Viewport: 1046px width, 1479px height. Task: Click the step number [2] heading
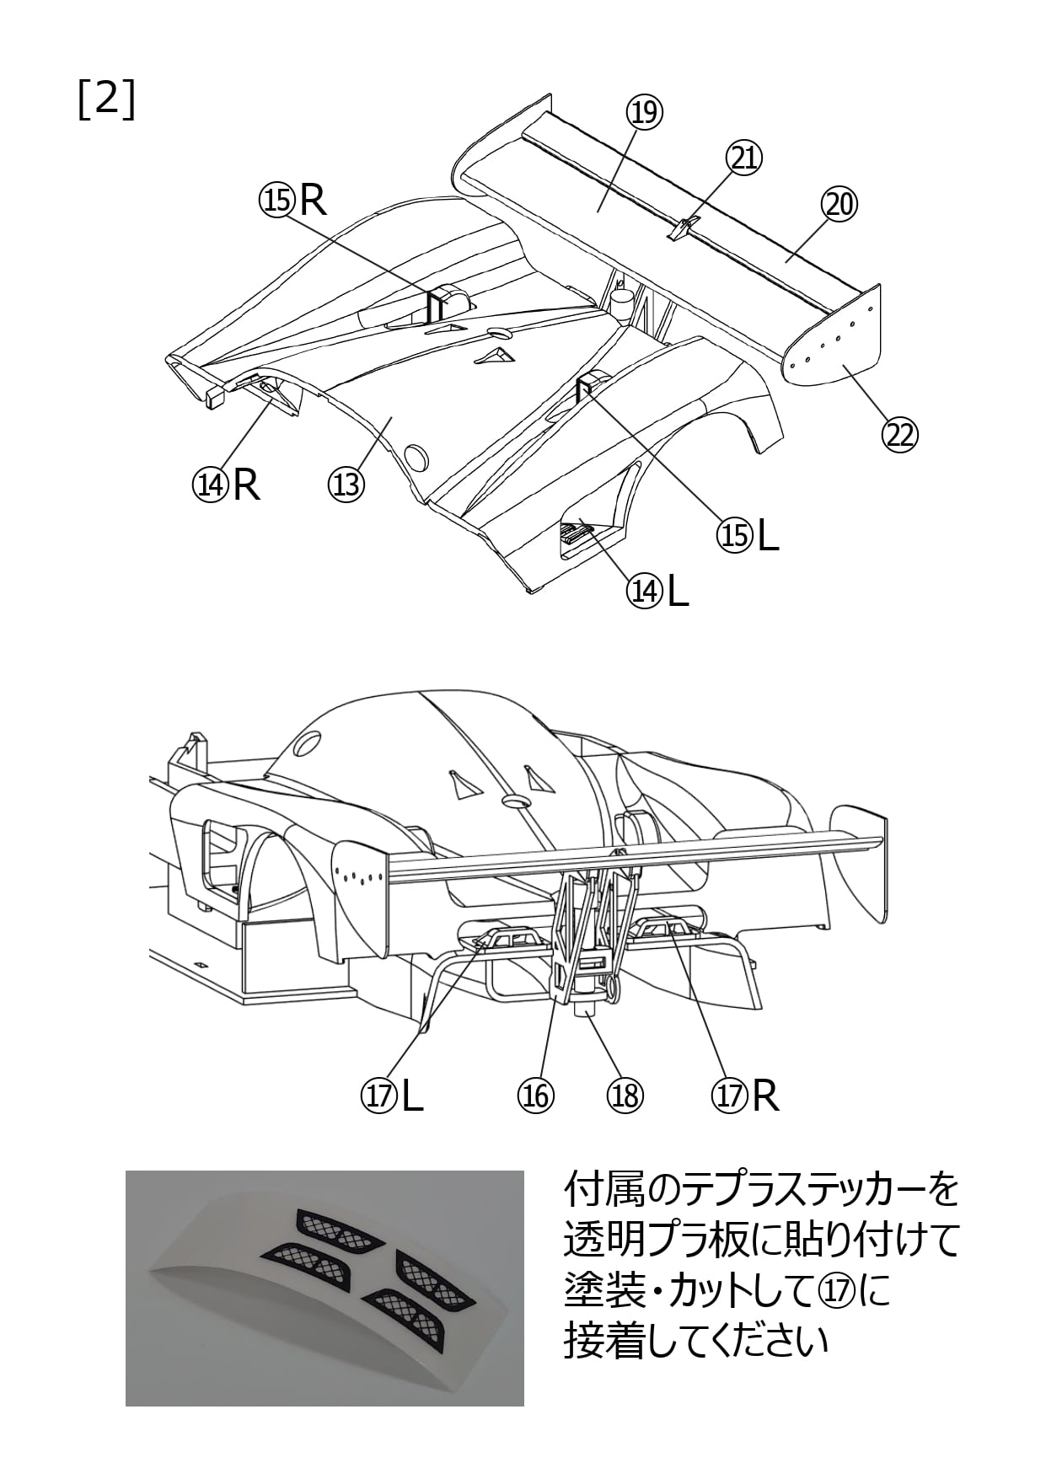(x=106, y=100)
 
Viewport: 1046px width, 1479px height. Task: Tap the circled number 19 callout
(x=645, y=112)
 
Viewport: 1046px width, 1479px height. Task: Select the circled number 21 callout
(x=744, y=158)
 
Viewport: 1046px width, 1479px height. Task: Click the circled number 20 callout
(x=839, y=204)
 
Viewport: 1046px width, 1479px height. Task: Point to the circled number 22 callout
(x=898, y=435)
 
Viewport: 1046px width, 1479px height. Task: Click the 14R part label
(x=226, y=484)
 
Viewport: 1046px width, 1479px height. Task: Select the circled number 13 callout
(x=345, y=484)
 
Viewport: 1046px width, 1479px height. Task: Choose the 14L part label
(x=657, y=592)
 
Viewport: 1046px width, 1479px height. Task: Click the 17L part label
(x=392, y=1096)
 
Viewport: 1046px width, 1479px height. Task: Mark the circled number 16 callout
(x=535, y=1096)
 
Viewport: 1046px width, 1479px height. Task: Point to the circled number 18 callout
(x=625, y=1096)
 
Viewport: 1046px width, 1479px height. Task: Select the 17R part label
(x=745, y=1096)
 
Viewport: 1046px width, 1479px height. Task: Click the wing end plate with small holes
(x=835, y=338)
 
